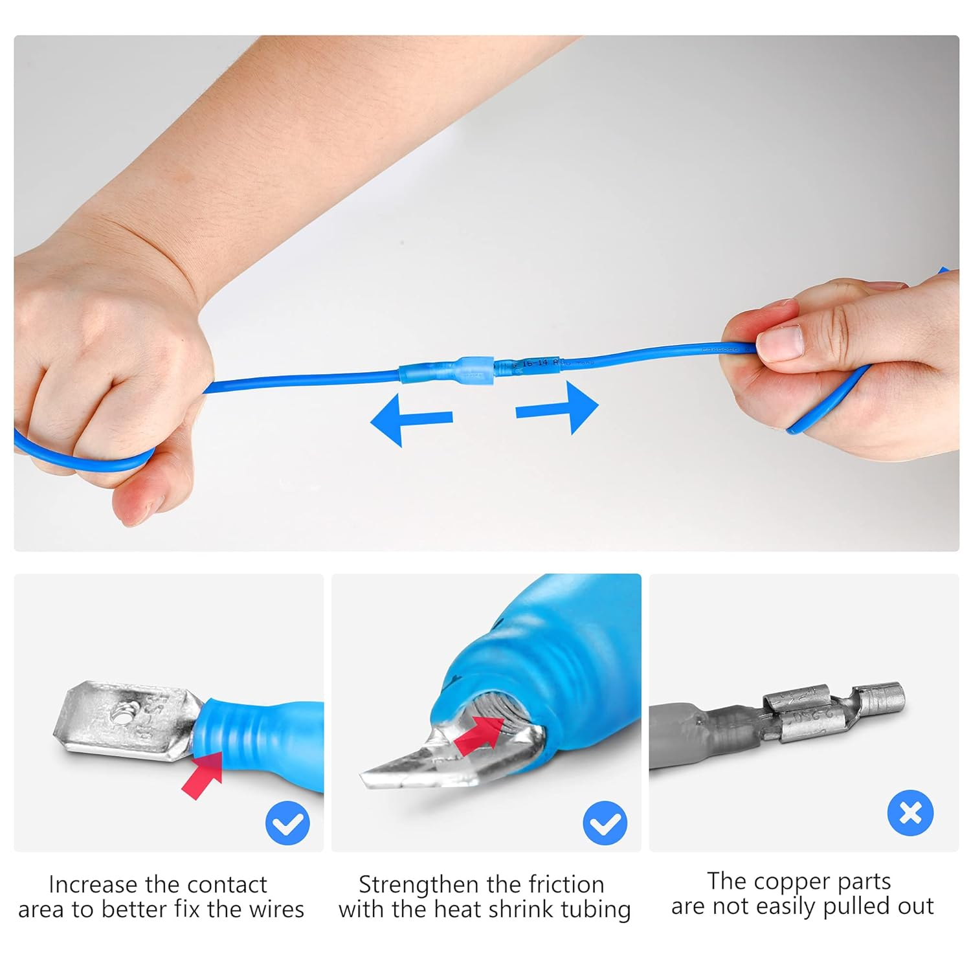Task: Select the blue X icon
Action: tap(910, 813)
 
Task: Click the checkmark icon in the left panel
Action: tap(287, 823)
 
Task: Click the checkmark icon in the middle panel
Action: tap(605, 823)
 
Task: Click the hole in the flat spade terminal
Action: tap(120, 715)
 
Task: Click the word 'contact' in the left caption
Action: tap(227, 884)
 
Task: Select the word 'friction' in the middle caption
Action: tap(566, 884)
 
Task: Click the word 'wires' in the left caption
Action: tap(276, 910)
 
